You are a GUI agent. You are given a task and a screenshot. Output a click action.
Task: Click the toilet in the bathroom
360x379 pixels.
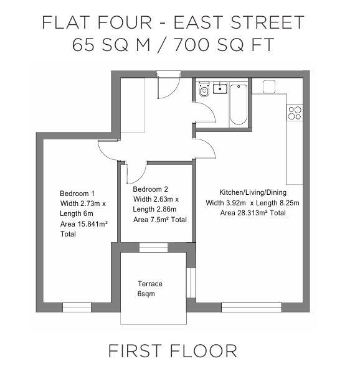pos(204,92)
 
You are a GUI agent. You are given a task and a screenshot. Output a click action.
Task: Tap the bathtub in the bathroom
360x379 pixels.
pos(238,104)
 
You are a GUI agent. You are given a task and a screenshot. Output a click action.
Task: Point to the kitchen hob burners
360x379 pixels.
pos(294,113)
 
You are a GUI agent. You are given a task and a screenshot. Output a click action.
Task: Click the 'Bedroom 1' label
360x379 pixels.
pos(77,193)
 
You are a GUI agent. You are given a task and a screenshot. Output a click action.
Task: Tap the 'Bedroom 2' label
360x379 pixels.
pos(151,189)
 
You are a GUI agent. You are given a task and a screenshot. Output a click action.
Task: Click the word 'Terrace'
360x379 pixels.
pos(150,283)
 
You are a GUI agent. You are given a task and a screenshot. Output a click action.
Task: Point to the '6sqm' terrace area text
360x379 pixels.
pos(146,293)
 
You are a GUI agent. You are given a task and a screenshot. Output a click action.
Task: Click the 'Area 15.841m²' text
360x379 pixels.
pos(85,224)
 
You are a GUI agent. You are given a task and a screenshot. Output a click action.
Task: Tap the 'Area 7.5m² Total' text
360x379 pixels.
pos(160,220)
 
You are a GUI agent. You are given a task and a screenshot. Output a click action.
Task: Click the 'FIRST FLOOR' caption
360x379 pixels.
pos(173,350)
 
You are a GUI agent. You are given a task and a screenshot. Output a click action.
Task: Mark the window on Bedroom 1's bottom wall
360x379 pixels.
pos(77,306)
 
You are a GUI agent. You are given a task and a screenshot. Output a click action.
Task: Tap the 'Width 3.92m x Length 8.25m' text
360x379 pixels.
pos(253,203)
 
